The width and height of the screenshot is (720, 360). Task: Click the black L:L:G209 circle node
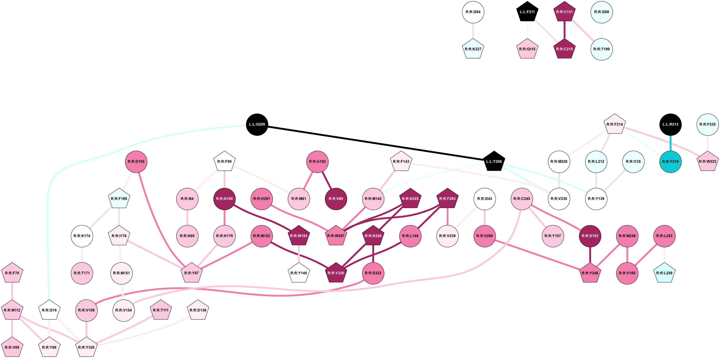point(257,124)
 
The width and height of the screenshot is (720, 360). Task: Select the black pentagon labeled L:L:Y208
point(494,162)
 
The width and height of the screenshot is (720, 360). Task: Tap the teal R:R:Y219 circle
point(670,162)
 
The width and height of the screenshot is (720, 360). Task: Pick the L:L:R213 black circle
point(670,124)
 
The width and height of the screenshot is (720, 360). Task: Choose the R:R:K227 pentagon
point(473,49)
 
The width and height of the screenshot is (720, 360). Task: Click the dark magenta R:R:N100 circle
point(224,199)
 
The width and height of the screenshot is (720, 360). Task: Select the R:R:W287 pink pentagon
point(336,236)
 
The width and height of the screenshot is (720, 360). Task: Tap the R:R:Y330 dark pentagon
point(336,273)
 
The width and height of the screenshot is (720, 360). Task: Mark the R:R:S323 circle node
point(373,273)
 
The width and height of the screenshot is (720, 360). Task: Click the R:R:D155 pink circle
point(136,162)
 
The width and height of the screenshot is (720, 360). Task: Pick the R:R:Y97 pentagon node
point(191,273)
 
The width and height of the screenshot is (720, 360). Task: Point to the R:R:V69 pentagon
point(12,347)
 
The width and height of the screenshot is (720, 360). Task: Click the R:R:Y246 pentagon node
point(590,273)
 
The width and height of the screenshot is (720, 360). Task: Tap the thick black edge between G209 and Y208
point(375,143)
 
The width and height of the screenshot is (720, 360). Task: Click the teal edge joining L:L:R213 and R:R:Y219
point(670,143)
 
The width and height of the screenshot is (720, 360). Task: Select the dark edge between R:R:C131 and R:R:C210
point(564,30)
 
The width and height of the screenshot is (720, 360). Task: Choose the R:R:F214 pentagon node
point(615,124)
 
